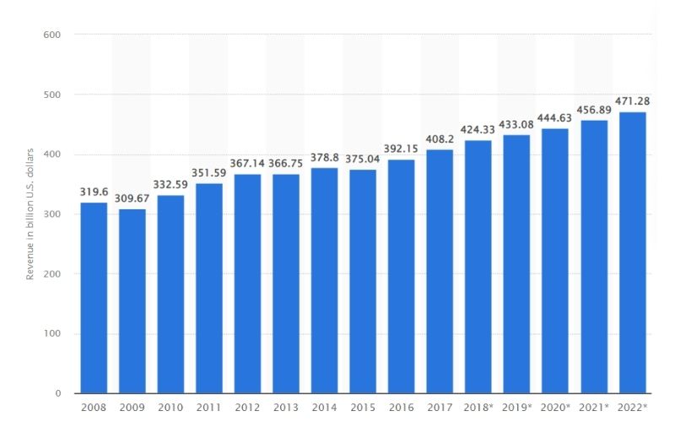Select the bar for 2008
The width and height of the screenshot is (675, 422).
coord(94,298)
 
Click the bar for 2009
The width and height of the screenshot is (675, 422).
coord(132,301)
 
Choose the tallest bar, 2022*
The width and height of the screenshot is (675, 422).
coord(632,252)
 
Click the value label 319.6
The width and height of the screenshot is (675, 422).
coord(94,192)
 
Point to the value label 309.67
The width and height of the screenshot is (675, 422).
coord(132,198)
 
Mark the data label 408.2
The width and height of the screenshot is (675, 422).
coord(440,139)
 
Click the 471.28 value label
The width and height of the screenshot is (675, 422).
coord(632,101)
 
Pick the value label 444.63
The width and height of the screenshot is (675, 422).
coord(555,118)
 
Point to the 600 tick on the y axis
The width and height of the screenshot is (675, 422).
coord(51,35)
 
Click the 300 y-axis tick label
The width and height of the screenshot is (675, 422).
coord(51,214)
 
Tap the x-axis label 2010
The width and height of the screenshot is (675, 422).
coord(170,408)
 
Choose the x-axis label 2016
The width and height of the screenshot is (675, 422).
coord(402,408)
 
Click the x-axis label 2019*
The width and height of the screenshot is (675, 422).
coord(518,408)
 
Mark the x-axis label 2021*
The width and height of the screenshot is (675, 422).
coord(595,408)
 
